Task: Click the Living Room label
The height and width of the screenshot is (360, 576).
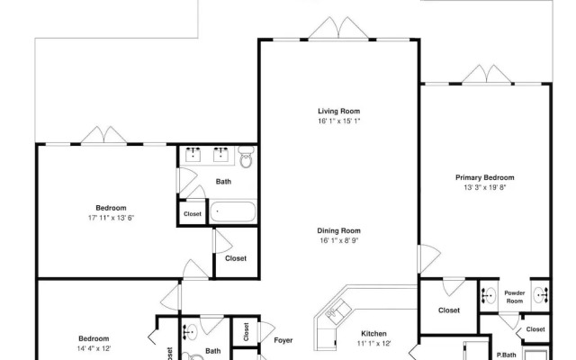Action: point(338,110)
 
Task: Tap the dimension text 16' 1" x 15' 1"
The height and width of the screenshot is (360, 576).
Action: point(338,121)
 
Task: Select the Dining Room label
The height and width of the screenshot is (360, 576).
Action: point(338,230)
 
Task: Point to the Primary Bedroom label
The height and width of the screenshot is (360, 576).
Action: point(484,177)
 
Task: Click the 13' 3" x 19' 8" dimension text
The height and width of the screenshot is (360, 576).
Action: point(484,189)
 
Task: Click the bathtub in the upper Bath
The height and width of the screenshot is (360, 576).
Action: point(233,213)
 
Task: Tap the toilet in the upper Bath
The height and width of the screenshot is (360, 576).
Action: point(247,159)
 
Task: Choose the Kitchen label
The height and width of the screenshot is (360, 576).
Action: point(373,333)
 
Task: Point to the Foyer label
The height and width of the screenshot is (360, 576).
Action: point(283,341)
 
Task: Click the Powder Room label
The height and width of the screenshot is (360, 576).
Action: point(514,296)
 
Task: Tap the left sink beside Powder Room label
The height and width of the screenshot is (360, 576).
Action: point(489,295)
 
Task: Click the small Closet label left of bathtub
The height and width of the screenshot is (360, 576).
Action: point(193,214)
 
